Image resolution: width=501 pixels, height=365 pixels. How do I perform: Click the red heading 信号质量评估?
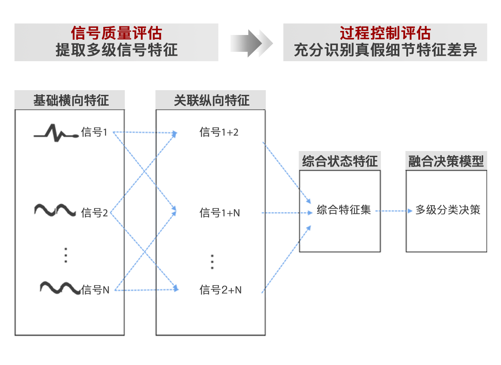click(x=116, y=33)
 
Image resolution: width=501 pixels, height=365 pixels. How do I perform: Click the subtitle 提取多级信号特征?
click(x=116, y=50)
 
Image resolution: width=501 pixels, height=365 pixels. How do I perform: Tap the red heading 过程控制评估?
click(x=385, y=33)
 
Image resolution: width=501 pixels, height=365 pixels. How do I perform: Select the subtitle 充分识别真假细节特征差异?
click(x=385, y=50)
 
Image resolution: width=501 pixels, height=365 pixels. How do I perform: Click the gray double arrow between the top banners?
click(x=251, y=43)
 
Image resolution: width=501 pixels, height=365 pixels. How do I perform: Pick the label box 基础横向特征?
click(x=70, y=100)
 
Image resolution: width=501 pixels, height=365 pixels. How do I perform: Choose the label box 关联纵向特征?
click(x=211, y=100)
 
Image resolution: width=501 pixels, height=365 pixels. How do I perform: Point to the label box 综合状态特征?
click(x=340, y=161)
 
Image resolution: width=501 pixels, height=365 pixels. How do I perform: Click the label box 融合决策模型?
click(x=446, y=161)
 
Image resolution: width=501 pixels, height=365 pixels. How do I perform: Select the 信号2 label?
click(x=94, y=213)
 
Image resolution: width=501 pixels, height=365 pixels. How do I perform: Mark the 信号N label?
click(x=95, y=290)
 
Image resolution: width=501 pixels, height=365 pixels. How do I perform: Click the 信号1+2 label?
click(x=219, y=132)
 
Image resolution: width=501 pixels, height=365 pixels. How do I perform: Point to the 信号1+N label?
click(x=219, y=213)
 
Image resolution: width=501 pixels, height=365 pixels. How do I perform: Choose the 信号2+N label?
click(x=220, y=290)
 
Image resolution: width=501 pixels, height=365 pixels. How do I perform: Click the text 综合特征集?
click(x=344, y=210)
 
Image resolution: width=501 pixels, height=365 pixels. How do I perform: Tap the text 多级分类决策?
click(x=448, y=210)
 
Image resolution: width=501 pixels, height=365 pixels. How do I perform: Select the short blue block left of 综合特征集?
click(x=307, y=216)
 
